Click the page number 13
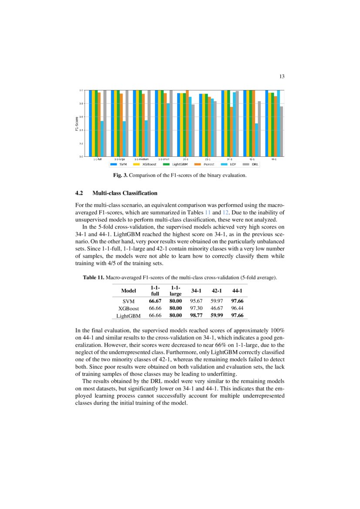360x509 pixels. click(282, 77)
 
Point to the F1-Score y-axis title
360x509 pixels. click(76, 123)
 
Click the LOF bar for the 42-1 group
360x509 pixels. click(256, 140)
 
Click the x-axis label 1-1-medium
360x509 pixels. click(141, 160)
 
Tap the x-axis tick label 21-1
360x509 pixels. click(208, 160)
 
